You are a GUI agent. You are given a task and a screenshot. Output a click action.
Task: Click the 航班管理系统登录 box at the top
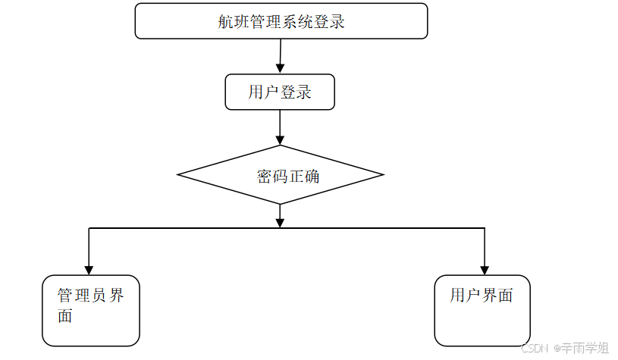(x=281, y=21)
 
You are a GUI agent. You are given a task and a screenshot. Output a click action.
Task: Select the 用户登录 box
(x=280, y=92)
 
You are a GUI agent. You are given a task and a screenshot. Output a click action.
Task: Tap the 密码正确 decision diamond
(x=281, y=175)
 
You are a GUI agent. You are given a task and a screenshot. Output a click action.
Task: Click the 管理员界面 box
(x=91, y=310)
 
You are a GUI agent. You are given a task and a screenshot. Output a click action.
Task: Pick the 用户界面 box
(x=482, y=310)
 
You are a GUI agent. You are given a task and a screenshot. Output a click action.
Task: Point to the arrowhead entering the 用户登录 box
(x=280, y=69)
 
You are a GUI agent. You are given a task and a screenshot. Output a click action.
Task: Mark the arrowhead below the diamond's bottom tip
(x=280, y=222)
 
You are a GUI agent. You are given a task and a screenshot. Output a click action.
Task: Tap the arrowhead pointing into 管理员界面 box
(x=89, y=269)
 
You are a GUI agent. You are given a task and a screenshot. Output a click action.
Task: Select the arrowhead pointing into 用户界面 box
(x=484, y=269)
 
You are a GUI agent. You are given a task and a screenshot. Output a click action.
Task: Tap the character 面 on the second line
(x=66, y=316)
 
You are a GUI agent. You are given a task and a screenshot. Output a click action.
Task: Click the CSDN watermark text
(x=535, y=348)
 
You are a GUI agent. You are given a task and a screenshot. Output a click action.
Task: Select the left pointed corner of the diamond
(x=180, y=175)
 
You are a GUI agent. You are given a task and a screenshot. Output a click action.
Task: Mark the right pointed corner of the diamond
(x=381, y=175)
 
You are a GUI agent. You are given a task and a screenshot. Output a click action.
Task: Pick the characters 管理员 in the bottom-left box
(x=82, y=296)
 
